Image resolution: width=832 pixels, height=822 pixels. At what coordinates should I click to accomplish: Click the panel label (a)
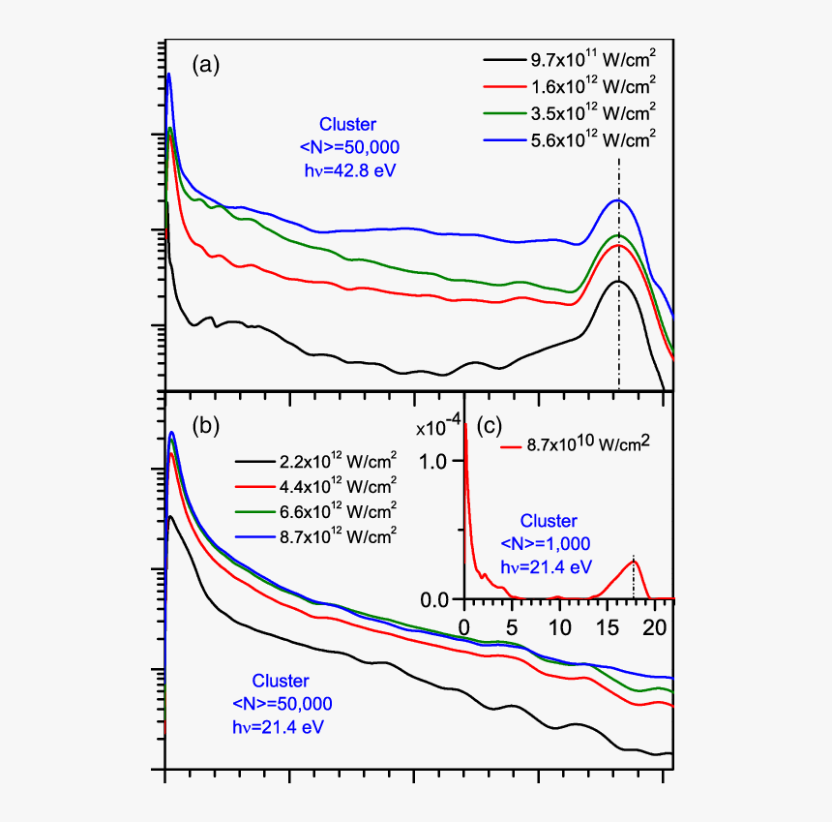click(x=206, y=65)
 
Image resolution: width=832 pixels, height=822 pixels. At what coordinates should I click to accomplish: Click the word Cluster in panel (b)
click(x=281, y=680)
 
